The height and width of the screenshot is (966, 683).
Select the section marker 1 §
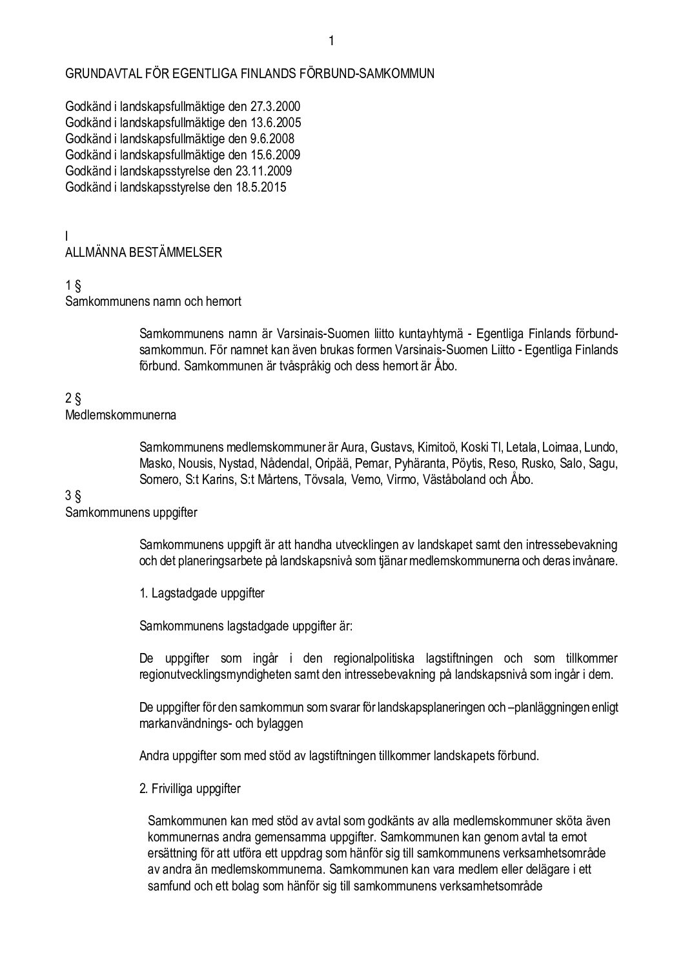(x=72, y=285)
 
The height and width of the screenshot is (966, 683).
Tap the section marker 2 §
(x=72, y=399)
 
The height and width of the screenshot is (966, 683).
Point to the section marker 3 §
(x=72, y=497)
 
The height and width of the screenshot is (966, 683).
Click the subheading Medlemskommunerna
(x=121, y=415)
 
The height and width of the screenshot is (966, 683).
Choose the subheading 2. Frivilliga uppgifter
(x=190, y=789)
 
